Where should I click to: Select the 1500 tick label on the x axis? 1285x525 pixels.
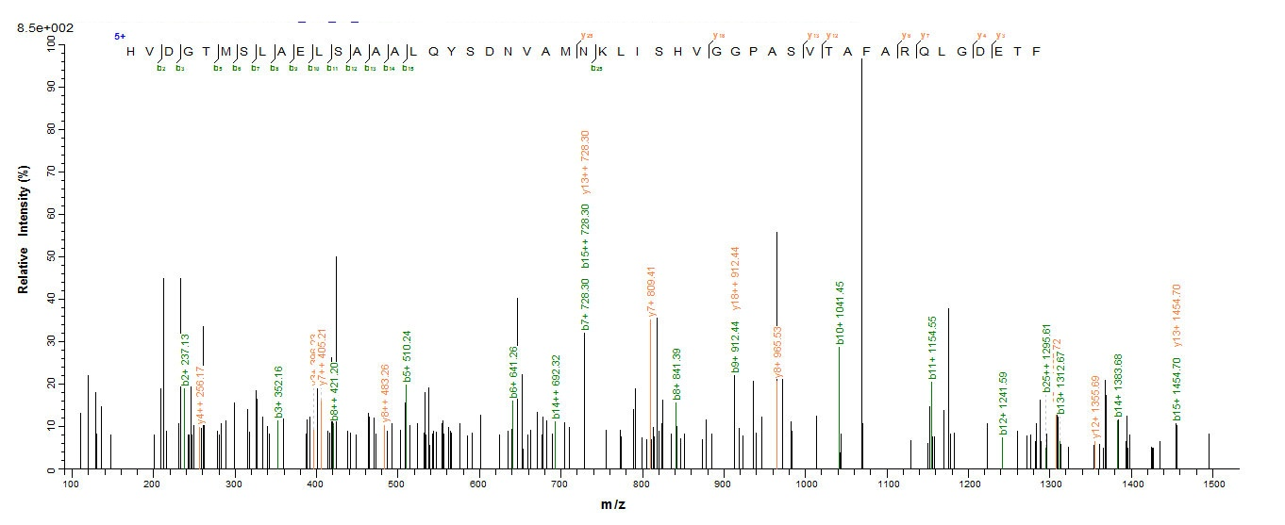pos(1214,484)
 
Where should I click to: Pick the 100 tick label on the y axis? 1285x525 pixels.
pos(50,43)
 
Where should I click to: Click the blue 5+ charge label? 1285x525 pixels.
pos(120,36)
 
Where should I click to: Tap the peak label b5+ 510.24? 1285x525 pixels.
pos(407,357)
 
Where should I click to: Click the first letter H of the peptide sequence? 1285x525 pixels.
pos(131,51)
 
